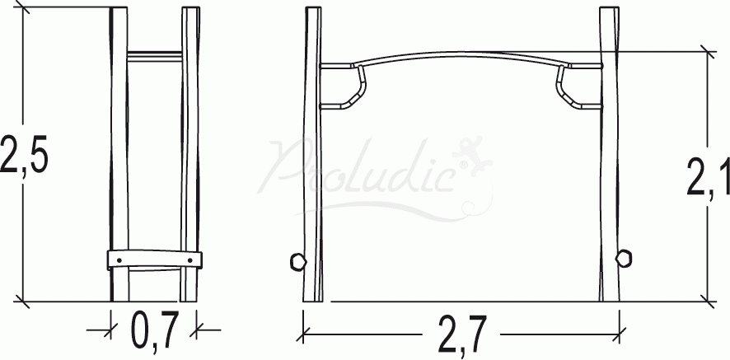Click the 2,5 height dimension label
tap(24, 154)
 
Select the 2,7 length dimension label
tap(462, 334)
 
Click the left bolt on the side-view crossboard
tap(119, 259)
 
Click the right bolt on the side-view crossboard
tap(190, 260)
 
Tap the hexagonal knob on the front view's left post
tap(298, 262)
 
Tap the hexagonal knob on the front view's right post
tap(624, 258)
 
